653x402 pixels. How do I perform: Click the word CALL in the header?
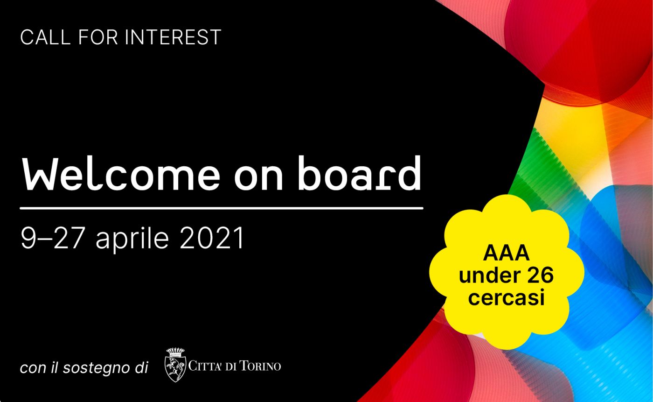click(x=46, y=37)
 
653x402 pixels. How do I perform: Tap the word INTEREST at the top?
click(x=173, y=37)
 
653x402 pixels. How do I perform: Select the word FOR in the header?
click(x=98, y=37)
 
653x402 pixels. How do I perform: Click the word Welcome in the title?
click(x=121, y=174)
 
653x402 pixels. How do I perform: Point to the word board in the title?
click(x=359, y=173)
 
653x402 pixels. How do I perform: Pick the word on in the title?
click(x=258, y=177)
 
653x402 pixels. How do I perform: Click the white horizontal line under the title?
click(x=222, y=208)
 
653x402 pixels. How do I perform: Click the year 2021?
click(x=211, y=238)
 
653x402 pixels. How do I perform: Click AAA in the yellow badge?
click(x=506, y=253)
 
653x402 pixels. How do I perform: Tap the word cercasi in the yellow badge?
click(x=507, y=297)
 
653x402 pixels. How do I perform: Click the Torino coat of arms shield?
click(x=175, y=369)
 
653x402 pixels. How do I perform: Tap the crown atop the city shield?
click(x=175, y=352)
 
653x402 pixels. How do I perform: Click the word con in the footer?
click(x=33, y=369)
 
